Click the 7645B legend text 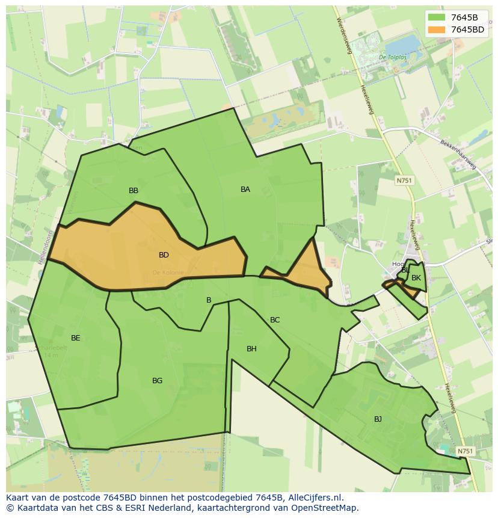(x=464, y=17)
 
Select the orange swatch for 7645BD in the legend (x=437, y=29)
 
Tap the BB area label (x=134, y=191)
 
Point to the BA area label (x=245, y=190)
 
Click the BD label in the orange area (x=164, y=255)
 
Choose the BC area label (x=275, y=320)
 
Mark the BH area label (x=251, y=349)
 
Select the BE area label (x=75, y=338)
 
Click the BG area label (x=157, y=381)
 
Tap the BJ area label (x=378, y=419)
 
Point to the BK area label (x=416, y=278)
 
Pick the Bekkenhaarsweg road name (x=458, y=156)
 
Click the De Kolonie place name (x=168, y=273)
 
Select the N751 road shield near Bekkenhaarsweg (x=404, y=180)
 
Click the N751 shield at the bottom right (x=465, y=451)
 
